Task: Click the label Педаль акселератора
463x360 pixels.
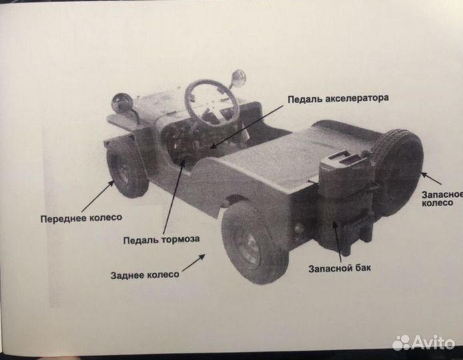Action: [x=338, y=99]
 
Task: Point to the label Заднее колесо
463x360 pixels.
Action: [x=145, y=274]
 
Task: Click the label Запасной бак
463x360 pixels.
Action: [x=340, y=269]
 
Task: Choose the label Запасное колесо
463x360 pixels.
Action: [x=442, y=197]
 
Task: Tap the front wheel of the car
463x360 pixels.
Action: [x=127, y=167]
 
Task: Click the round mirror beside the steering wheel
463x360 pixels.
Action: [x=238, y=79]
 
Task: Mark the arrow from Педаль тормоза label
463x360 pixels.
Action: [x=171, y=193]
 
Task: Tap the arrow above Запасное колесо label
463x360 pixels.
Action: [x=431, y=178]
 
